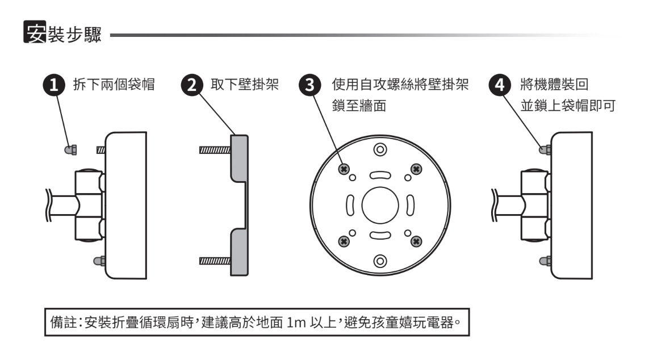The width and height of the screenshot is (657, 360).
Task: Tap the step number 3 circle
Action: pos(308,86)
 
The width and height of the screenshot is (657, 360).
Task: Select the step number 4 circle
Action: pos(498,86)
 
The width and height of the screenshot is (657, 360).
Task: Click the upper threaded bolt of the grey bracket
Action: pos(214,150)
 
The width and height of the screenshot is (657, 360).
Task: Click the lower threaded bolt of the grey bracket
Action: pos(214,261)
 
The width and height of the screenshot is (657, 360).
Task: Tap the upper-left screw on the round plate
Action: pos(343,169)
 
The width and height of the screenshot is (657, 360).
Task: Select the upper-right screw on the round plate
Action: pos(416,169)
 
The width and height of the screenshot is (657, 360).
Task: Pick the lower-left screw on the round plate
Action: pos(343,242)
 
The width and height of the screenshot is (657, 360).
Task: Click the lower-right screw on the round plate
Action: pos(416,242)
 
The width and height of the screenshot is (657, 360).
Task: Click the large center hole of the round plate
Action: pos(379,206)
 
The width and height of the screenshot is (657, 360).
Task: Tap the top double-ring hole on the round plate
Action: pos(379,150)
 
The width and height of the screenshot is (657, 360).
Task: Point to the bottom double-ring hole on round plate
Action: pos(379,261)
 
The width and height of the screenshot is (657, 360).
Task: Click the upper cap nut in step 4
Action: pos(543,150)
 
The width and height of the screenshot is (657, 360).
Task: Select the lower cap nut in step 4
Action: pos(543,261)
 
